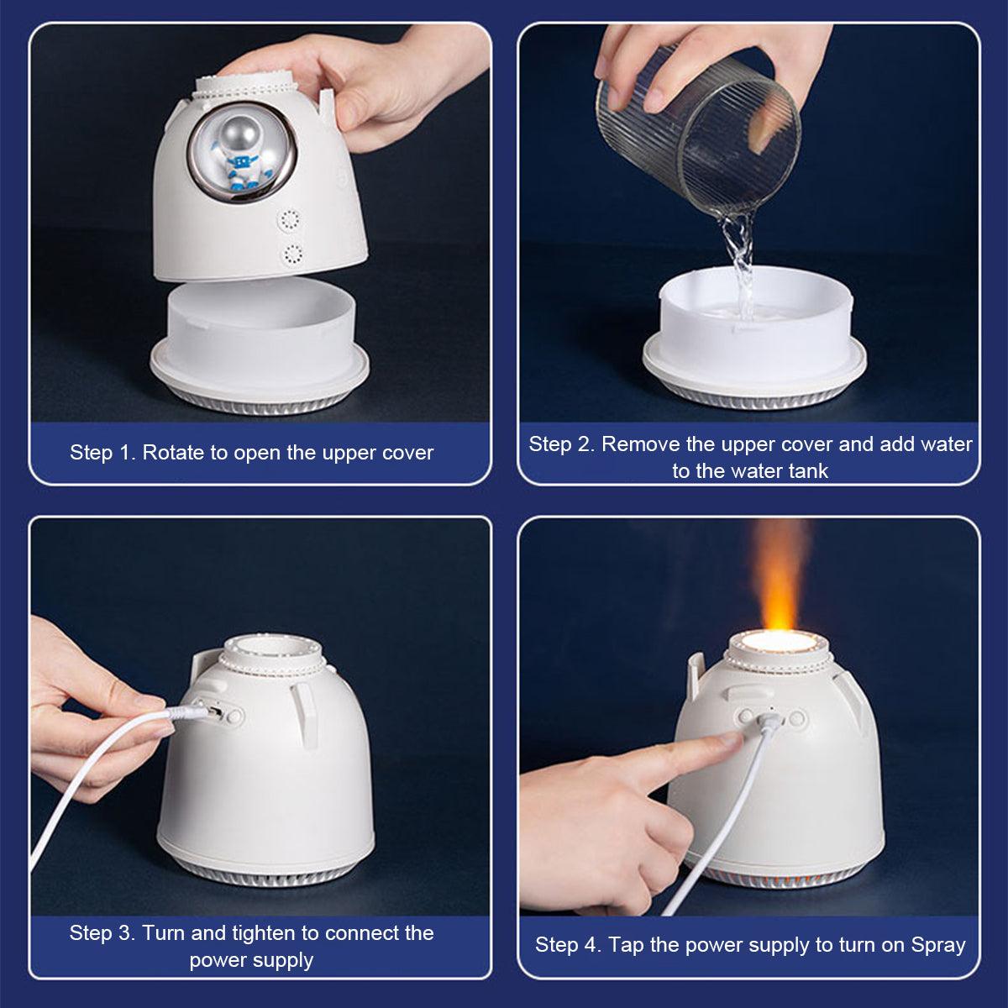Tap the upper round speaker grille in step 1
(x=291, y=221)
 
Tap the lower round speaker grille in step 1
(x=294, y=255)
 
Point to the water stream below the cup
(x=740, y=260)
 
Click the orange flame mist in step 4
(x=780, y=580)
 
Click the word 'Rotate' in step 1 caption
(x=172, y=453)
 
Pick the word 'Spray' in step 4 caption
(x=937, y=945)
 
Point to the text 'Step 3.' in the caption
(x=102, y=933)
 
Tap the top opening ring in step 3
(x=269, y=653)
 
